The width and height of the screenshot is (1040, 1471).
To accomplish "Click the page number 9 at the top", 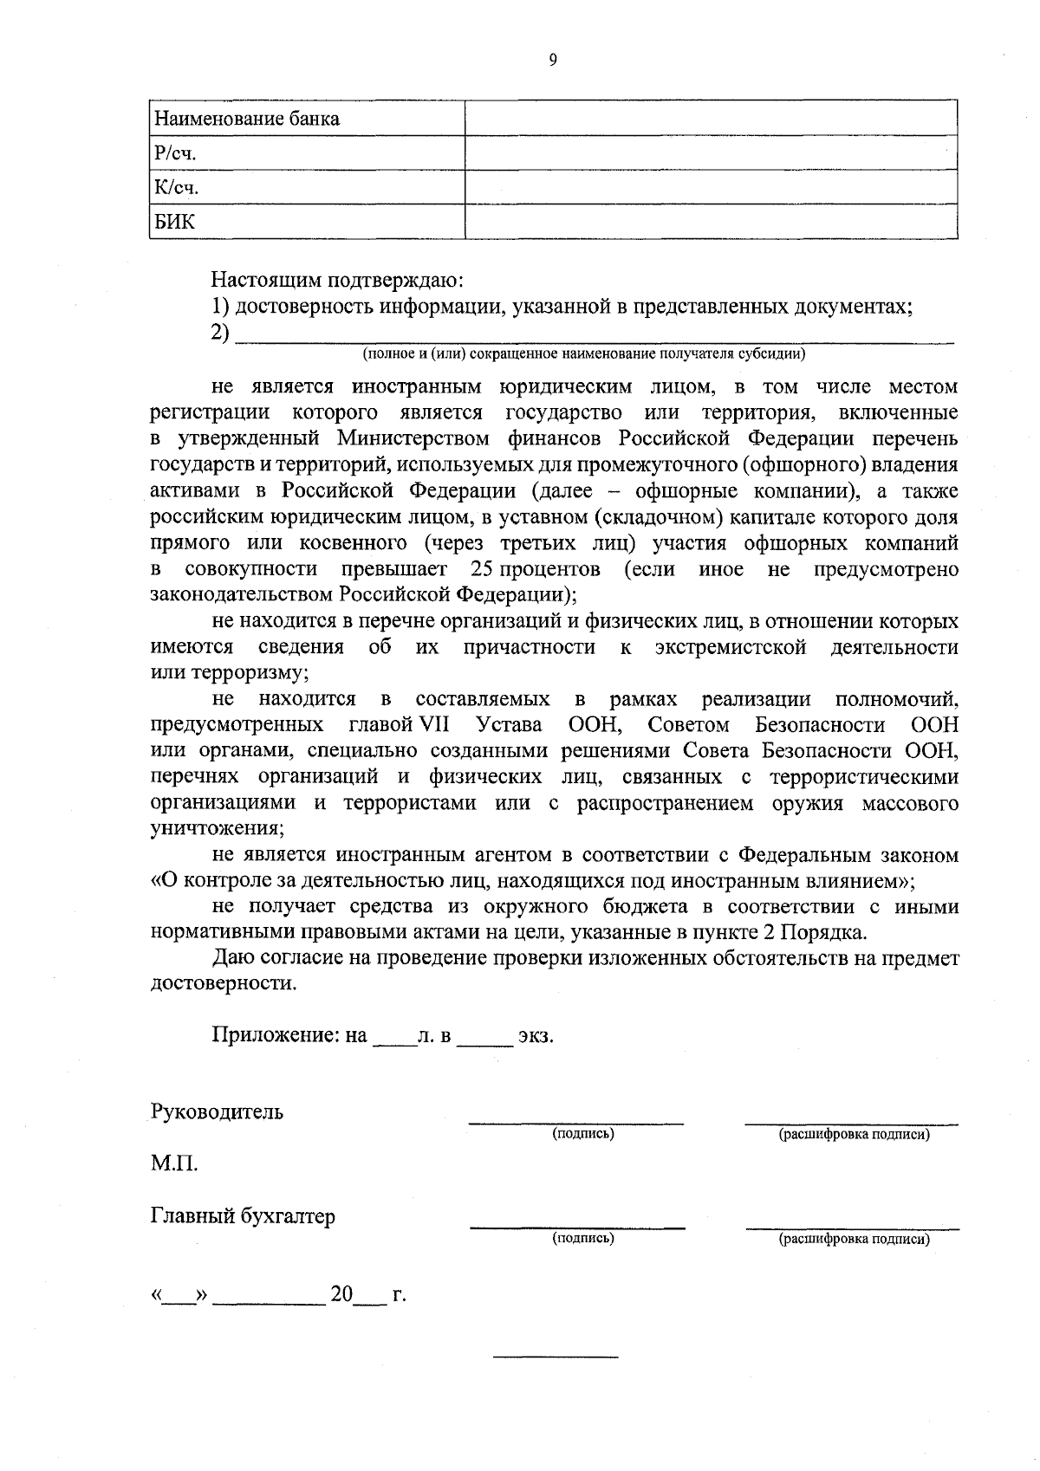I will pyautogui.click(x=553, y=60).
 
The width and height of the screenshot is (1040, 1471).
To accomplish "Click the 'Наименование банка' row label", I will pyautogui.click(x=246, y=120).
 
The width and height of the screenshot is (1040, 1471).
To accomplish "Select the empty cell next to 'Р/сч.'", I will pyautogui.click(x=711, y=153).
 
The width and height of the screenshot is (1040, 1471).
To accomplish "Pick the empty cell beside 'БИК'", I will pyautogui.click(x=711, y=222).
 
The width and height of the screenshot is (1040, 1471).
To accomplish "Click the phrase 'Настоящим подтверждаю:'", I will pyautogui.click(x=339, y=281).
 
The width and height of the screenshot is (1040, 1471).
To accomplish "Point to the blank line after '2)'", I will pyautogui.click(x=595, y=336).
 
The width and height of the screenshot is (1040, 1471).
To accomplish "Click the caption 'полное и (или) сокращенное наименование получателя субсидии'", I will pyautogui.click(x=583, y=354).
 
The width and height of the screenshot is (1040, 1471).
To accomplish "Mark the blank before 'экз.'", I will pyautogui.click(x=484, y=1038).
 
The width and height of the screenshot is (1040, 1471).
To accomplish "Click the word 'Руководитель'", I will pyautogui.click(x=217, y=1112).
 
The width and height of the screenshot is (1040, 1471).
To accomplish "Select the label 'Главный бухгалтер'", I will pyautogui.click(x=243, y=1216).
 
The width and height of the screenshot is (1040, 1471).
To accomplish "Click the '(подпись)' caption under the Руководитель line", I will pyautogui.click(x=583, y=1134).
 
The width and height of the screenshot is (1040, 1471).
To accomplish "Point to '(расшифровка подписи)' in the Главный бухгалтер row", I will pyautogui.click(x=854, y=1239).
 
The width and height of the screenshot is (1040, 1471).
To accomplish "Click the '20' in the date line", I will pyautogui.click(x=341, y=1294).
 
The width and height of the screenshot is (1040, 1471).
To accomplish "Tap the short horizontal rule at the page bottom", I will pyautogui.click(x=555, y=1355).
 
